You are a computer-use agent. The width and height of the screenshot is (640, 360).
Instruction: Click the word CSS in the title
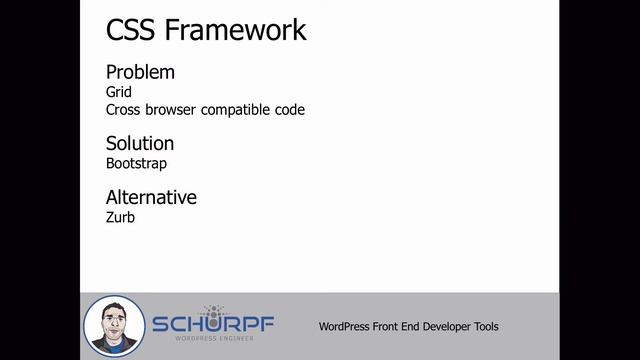coord(132,31)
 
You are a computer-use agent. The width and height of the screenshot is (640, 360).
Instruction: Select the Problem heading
coord(140,72)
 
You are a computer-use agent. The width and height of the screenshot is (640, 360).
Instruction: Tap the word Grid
coord(119,92)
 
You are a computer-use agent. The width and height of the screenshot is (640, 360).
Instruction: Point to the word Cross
coord(123,109)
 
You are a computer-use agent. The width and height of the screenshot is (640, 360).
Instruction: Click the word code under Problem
coord(290,109)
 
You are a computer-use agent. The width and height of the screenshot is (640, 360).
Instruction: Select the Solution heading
coord(140,143)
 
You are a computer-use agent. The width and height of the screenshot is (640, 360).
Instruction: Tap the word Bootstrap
coord(136,163)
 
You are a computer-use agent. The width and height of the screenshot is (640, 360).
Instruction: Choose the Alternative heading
coord(151,197)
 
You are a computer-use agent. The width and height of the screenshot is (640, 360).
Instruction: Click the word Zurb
coord(120,216)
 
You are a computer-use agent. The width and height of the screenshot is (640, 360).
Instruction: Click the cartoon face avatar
coord(114,325)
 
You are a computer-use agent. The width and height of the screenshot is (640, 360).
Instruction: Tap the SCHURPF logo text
coord(212,325)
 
